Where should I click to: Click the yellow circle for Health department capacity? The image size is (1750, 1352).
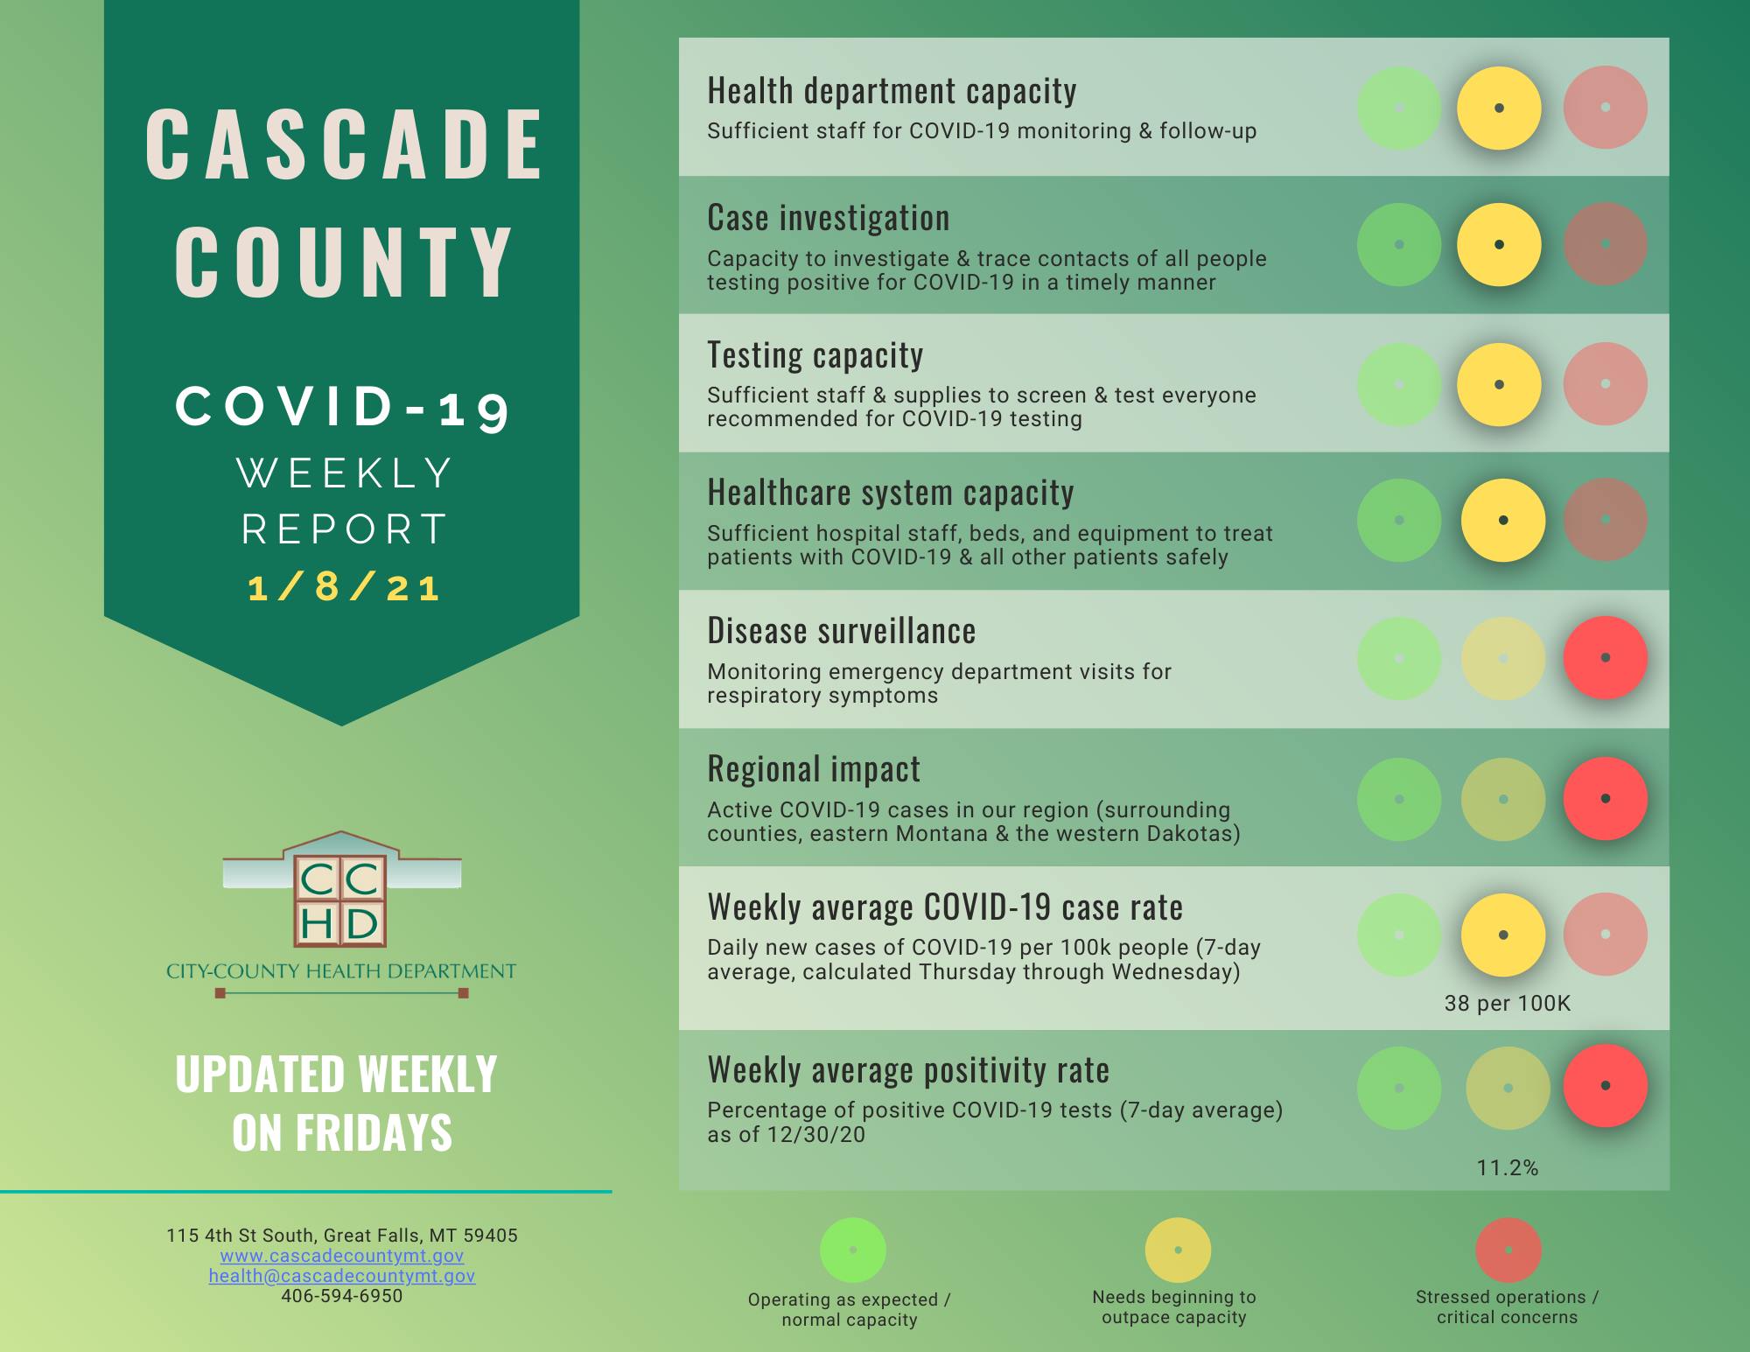[x=1499, y=109]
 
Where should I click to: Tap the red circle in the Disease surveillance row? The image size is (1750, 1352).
[x=1605, y=658]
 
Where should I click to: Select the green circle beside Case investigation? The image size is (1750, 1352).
[x=1399, y=245]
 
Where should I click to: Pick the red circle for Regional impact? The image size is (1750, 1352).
[x=1605, y=799]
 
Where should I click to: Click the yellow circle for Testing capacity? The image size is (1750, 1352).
[x=1499, y=384]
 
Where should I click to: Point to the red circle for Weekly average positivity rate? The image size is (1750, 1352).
[x=1605, y=1086]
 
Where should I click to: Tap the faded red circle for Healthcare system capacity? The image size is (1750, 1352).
[x=1605, y=521]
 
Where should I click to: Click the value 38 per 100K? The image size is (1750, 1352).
[x=1508, y=1004]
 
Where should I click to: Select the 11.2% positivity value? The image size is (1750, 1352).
[x=1508, y=1167]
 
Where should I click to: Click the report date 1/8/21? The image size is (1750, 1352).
[x=343, y=587]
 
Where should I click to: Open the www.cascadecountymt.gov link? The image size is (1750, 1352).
[x=342, y=1256]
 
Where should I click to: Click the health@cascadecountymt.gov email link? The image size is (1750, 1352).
[x=342, y=1276]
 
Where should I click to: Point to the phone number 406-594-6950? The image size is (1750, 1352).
[x=342, y=1296]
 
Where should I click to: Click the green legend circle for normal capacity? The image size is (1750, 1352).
[x=853, y=1250]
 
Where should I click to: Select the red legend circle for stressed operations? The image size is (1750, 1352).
[x=1508, y=1250]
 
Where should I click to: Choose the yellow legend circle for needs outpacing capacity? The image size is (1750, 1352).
[x=1178, y=1250]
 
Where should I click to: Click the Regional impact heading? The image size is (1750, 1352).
[x=814, y=769]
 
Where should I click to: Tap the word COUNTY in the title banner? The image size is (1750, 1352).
[x=343, y=262]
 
